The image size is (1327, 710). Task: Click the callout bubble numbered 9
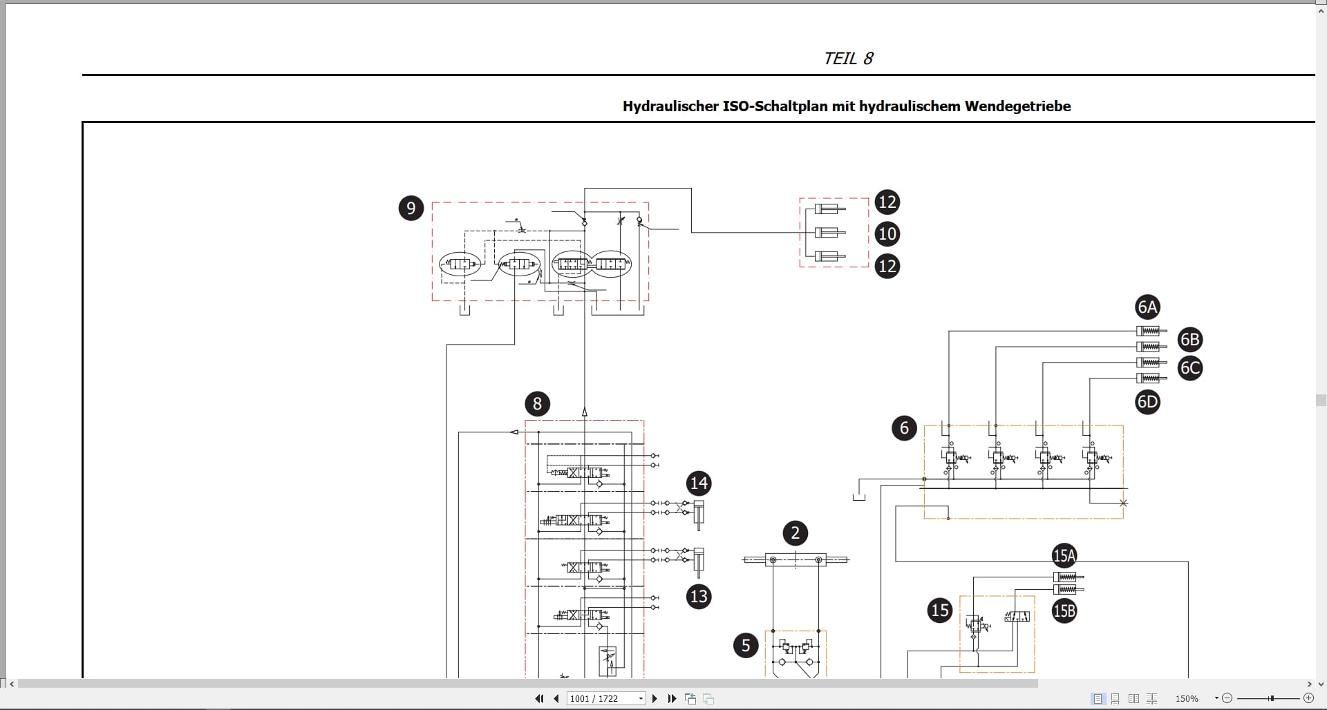(411, 208)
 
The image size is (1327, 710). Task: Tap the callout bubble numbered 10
(887, 234)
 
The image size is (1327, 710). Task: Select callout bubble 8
(537, 404)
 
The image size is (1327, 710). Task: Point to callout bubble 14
(699, 483)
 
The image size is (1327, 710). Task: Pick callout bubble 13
(699, 596)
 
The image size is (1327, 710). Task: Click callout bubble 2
(795, 533)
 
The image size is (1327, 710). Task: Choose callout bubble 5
(746, 646)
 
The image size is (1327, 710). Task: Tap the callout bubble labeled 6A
(1147, 307)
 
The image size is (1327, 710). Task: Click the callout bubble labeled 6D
(1147, 402)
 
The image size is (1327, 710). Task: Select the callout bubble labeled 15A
(1064, 555)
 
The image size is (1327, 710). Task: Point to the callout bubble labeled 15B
(1064, 611)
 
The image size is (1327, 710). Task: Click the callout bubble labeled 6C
(1190, 368)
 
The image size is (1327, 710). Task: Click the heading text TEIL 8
(849, 59)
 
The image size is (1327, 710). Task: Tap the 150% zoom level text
(1187, 699)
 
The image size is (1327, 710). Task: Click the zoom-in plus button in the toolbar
(1308, 698)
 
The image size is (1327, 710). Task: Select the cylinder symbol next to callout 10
(830, 233)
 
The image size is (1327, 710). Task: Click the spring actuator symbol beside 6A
(1151, 331)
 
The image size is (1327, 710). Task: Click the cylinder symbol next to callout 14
(699, 515)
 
